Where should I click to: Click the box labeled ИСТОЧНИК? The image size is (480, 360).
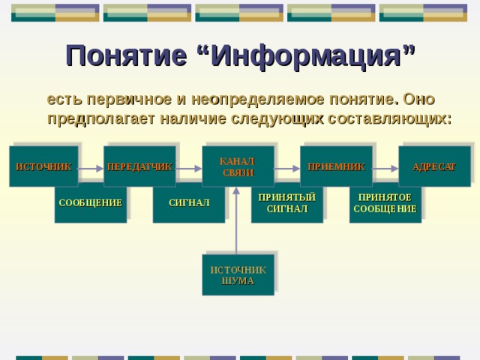(43, 166)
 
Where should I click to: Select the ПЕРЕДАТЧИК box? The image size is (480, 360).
(139, 166)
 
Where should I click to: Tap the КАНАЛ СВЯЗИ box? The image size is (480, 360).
(238, 166)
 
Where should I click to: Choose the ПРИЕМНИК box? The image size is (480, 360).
(336, 166)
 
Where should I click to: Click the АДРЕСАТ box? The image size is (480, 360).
(434, 166)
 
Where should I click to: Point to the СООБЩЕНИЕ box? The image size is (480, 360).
(91, 203)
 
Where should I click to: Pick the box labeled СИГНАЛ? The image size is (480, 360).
(189, 203)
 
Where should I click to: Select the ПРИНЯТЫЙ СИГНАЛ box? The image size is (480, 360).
(287, 203)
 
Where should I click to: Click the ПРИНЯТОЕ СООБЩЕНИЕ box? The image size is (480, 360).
(385, 203)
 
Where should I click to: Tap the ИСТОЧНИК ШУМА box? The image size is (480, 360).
(238, 275)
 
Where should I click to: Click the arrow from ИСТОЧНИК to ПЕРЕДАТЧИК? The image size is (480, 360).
(91, 166)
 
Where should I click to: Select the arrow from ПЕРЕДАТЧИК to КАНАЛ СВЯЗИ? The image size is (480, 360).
(189, 166)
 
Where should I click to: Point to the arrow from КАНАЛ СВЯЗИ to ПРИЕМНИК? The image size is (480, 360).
(287, 166)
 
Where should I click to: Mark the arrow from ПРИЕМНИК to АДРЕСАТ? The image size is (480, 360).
(385, 166)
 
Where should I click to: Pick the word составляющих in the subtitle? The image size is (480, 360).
(402, 118)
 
